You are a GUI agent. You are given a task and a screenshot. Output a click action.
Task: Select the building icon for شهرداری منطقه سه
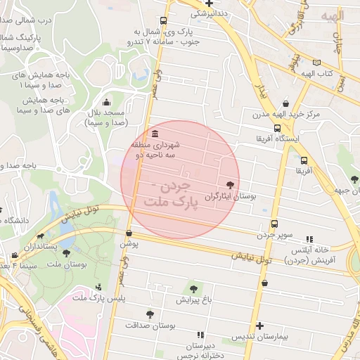point(155,134)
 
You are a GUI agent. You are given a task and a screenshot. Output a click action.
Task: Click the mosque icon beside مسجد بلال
point(106,102)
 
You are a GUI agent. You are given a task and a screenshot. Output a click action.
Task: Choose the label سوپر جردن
point(274,234)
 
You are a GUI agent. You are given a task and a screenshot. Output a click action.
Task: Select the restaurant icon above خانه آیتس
point(310,240)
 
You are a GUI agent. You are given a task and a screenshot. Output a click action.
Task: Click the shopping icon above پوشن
point(129,233)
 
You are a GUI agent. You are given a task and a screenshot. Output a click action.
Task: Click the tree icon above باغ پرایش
point(192,288)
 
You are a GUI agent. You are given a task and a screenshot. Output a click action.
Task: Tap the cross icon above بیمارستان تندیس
point(259,326)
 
